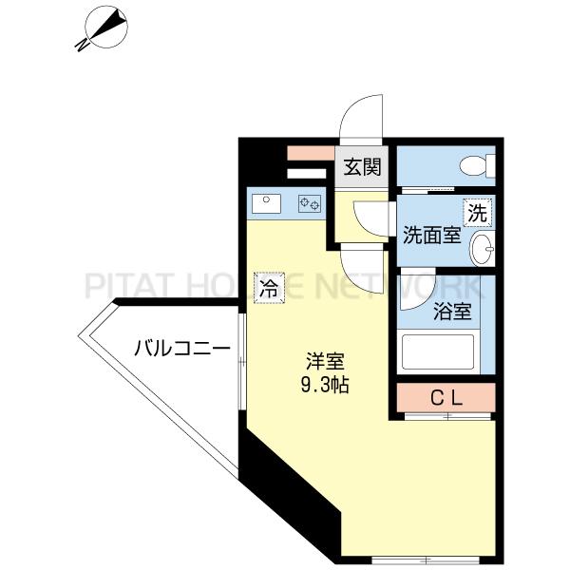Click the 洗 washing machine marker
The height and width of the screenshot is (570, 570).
(477, 213)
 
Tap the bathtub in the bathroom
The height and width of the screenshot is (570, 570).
(438, 352)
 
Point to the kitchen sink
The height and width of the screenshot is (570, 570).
(267, 202)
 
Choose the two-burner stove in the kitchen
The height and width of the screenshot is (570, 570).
(311, 202)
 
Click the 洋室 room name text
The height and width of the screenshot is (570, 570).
(325, 361)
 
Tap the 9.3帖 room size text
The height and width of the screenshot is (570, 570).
(325, 385)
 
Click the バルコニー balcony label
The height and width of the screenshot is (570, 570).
(180, 349)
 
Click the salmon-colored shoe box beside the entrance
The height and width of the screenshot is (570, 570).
(309, 153)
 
